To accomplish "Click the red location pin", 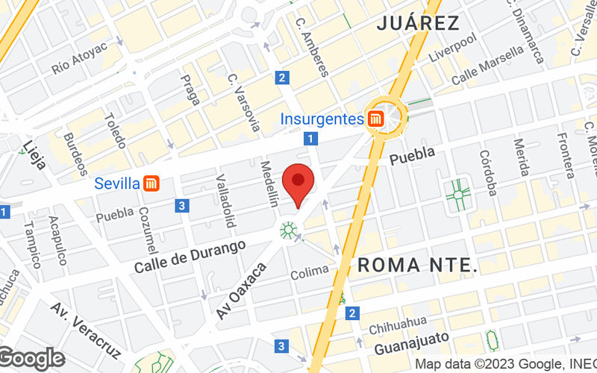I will [x=298, y=182].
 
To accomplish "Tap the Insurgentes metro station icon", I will [x=375, y=118].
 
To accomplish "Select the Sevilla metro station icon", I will [x=152, y=183].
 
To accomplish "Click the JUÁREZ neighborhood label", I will [x=418, y=23].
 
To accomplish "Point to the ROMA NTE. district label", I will [x=417, y=265].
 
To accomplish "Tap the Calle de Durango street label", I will [x=190, y=256].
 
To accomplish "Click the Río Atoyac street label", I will [x=80, y=58].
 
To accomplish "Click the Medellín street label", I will [x=268, y=184].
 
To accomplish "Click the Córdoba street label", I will [x=487, y=173].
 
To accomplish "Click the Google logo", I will [x=31, y=359].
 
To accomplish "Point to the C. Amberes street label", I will [x=311, y=46].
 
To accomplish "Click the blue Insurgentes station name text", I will [x=321, y=118].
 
